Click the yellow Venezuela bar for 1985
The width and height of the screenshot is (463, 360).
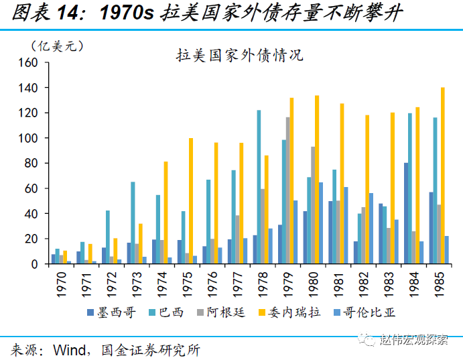coord(442,176)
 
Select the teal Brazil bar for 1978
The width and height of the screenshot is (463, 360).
coord(259,187)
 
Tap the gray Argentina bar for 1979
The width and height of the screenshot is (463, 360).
coord(288,190)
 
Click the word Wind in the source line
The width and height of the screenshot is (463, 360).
coord(66,349)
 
